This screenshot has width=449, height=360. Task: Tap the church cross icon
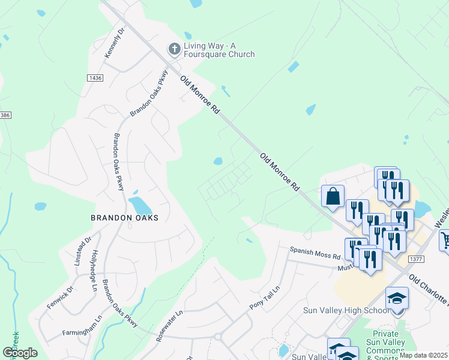(x=175, y=49)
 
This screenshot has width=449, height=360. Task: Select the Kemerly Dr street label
(x=114, y=44)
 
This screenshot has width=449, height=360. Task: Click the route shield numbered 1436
(x=95, y=78)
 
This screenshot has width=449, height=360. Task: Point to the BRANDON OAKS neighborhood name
(x=124, y=218)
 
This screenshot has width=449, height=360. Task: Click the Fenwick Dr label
(x=60, y=299)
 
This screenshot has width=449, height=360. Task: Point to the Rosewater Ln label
(x=169, y=326)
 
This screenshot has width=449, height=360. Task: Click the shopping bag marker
(x=333, y=196)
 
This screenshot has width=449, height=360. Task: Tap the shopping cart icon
(x=445, y=241)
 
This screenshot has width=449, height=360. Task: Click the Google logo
(x=20, y=353)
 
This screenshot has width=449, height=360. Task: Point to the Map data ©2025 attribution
(x=423, y=355)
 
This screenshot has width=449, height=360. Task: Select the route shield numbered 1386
(x=5, y=114)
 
